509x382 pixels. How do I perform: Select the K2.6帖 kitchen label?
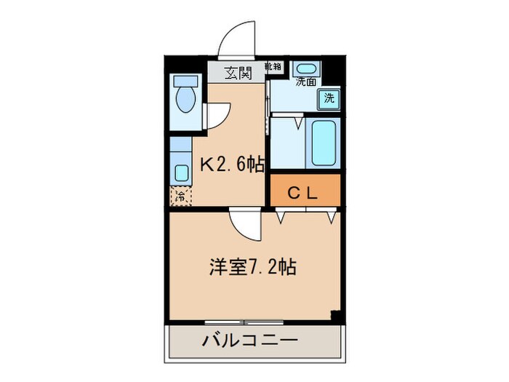[x=231, y=165]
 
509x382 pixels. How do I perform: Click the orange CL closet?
[x=305, y=193]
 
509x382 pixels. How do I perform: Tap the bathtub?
[x=324, y=143]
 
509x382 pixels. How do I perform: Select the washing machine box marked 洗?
[x=329, y=98]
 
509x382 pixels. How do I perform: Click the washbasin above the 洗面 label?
[x=306, y=69]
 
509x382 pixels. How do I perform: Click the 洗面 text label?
[x=305, y=81]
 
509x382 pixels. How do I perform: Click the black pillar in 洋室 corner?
[x=335, y=315]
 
